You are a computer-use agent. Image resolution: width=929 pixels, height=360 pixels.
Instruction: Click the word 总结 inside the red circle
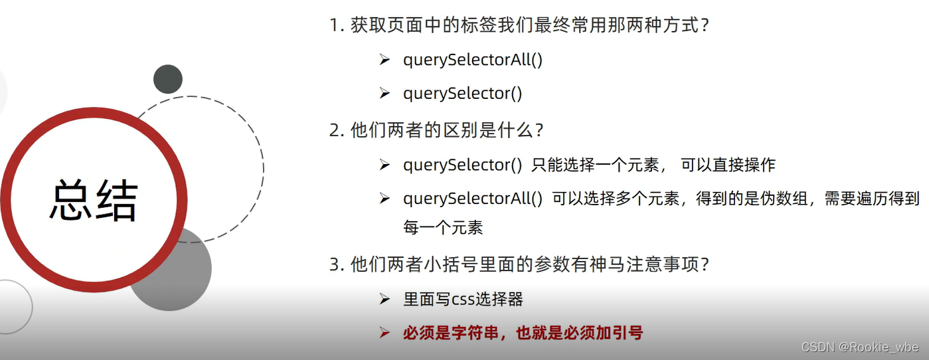[94, 199]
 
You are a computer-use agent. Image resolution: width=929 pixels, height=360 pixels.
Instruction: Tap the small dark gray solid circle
[168, 79]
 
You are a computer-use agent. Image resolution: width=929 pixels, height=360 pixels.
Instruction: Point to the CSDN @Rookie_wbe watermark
[860, 347]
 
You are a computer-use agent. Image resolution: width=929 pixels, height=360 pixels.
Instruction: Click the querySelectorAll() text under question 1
[473, 60]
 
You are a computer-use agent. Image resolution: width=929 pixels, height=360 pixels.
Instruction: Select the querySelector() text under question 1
[462, 94]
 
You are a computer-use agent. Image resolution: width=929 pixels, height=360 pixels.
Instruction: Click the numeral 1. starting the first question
[336, 27]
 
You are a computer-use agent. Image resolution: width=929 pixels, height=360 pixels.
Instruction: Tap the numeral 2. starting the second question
[336, 130]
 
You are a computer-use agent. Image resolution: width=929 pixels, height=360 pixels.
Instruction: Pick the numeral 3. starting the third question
[336, 264]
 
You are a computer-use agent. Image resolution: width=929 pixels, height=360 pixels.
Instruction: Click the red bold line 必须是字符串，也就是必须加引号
[523, 333]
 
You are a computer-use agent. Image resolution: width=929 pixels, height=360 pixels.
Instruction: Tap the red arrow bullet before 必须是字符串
[384, 333]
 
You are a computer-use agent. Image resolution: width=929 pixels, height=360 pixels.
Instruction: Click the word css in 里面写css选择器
[463, 300]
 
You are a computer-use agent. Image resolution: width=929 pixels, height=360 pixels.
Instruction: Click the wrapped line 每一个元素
[443, 228]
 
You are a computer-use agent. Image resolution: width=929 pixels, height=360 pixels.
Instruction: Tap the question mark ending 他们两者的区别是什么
[539, 130]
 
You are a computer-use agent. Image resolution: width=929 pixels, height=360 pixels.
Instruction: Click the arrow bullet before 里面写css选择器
[384, 300]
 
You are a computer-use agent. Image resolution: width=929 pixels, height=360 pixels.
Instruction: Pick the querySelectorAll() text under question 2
[473, 198]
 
